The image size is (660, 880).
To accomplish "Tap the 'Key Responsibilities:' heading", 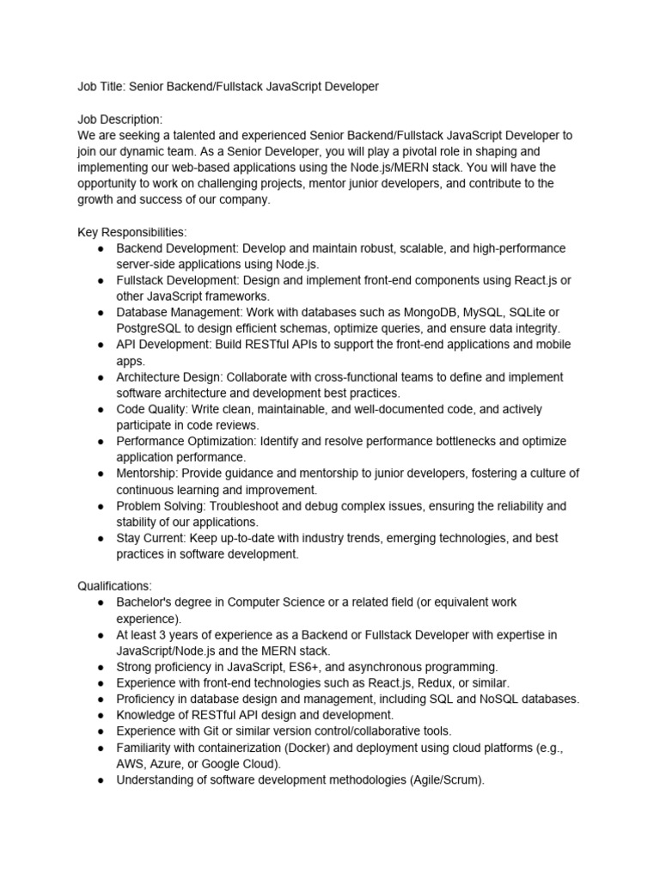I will coord(131,232).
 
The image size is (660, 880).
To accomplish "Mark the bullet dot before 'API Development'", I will coord(101,345).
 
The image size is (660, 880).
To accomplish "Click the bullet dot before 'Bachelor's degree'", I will coord(101,602).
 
